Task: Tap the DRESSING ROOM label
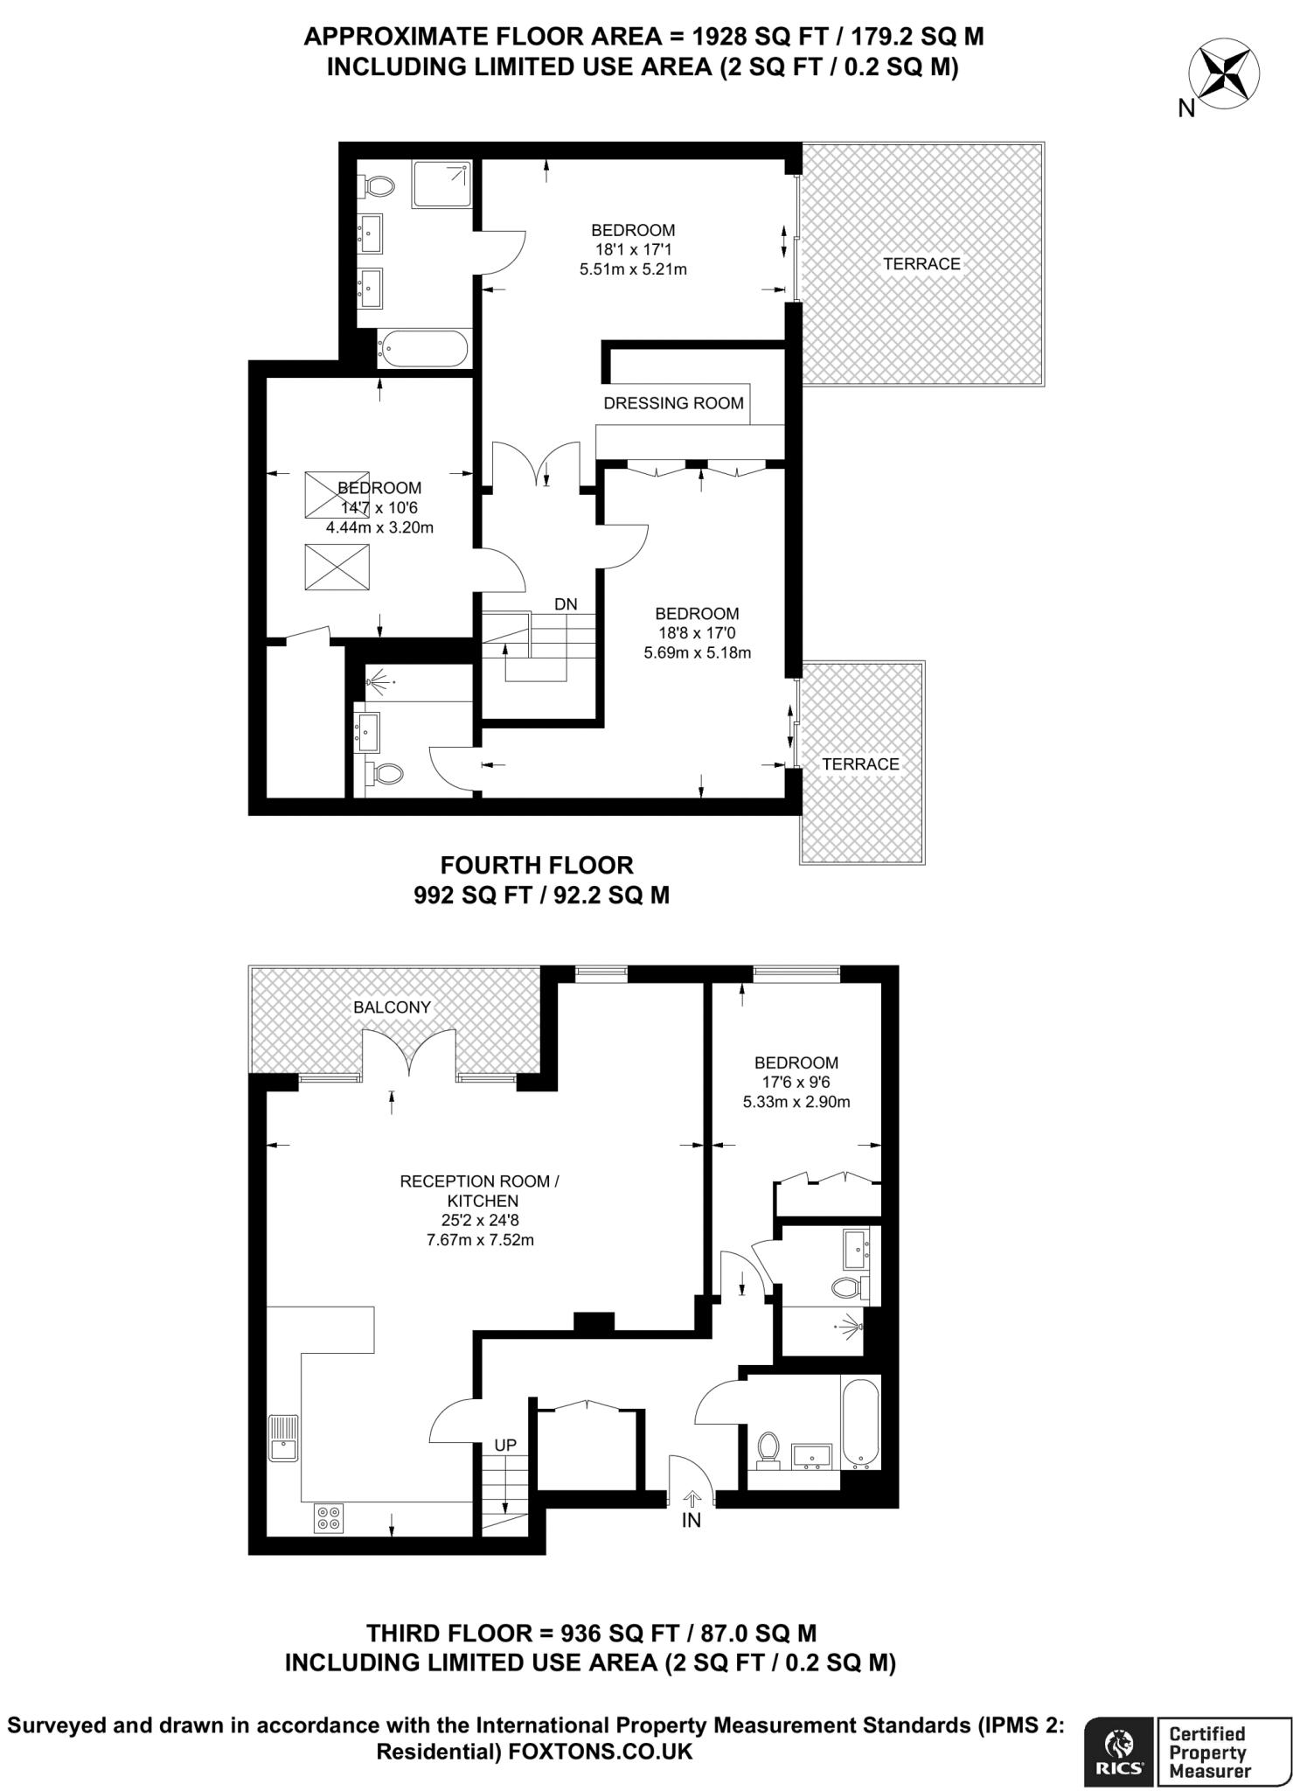[673, 403]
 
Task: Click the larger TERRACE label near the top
[921, 264]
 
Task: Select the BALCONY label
[392, 1007]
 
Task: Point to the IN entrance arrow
[692, 1497]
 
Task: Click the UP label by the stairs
[505, 1446]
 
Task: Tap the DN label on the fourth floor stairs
[566, 604]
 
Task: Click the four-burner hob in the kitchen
[330, 1518]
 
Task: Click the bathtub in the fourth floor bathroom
[423, 349]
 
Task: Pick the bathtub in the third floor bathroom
[860, 1421]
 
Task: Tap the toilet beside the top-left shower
[378, 185]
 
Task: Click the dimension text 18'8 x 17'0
[698, 633]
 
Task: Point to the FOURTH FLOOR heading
[537, 865]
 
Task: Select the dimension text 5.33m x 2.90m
[796, 1102]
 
